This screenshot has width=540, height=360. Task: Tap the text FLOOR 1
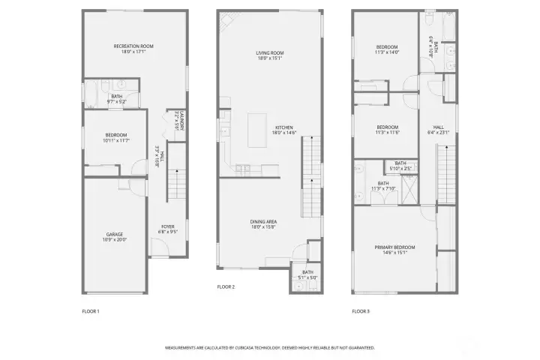point(90,310)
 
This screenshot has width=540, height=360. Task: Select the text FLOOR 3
point(361,310)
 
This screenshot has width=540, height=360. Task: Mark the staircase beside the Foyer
point(175,183)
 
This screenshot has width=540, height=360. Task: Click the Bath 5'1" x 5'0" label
point(307,274)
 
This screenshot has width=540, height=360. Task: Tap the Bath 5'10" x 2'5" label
point(400,165)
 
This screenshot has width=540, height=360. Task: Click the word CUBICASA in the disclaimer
point(253,348)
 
